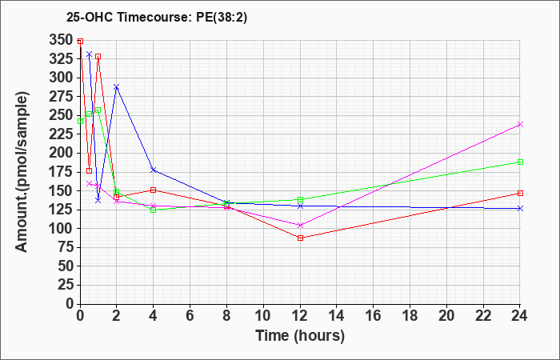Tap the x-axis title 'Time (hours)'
click(300, 335)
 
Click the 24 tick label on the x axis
click(520, 316)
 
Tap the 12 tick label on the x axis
click(300, 316)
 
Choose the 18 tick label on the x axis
click(410, 316)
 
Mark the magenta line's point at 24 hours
click(520, 124)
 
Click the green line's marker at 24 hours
click(520, 162)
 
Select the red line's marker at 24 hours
click(520, 193)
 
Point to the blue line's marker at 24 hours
click(520, 208)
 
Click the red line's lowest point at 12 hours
click(300, 238)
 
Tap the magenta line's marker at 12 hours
click(300, 225)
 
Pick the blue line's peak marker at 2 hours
click(116, 86)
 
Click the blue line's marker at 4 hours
click(153, 170)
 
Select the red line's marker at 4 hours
click(153, 190)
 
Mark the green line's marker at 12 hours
click(300, 200)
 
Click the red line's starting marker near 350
click(80, 41)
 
